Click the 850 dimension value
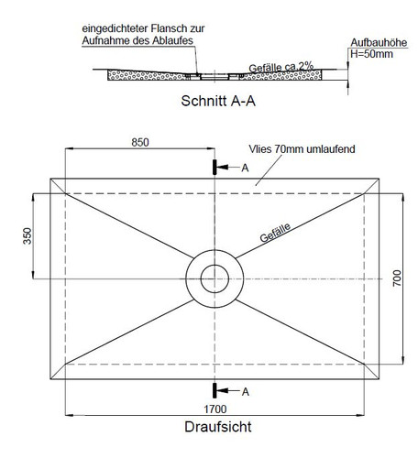tap(140, 143)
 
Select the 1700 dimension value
tap(215, 410)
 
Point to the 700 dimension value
tap(397, 278)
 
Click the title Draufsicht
tap(217, 427)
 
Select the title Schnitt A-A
tap(217, 101)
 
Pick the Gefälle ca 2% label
tap(280, 68)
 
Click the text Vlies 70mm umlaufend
tap(302, 149)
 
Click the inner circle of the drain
tap(215, 278)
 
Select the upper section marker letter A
tap(245, 169)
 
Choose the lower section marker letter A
tap(245, 391)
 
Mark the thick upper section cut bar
tap(215, 168)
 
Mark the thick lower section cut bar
tap(215, 390)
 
